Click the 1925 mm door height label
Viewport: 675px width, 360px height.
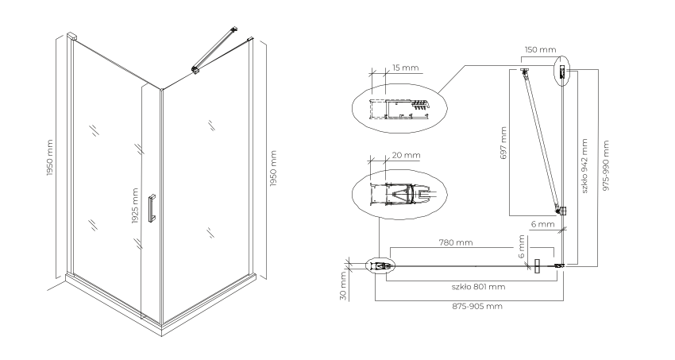[x=135, y=207]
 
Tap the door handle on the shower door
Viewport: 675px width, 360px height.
[x=151, y=208]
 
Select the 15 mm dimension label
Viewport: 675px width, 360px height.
[x=405, y=68]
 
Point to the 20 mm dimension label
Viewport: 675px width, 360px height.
[x=407, y=155]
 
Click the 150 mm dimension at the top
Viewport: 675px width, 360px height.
[x=540, y=49]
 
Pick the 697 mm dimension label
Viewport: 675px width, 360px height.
[x=503, y=143]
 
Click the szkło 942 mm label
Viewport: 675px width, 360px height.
[x=584, y=166]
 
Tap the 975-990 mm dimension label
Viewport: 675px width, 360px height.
[x=606, y=166]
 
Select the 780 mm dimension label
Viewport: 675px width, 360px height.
[x=456, y=242]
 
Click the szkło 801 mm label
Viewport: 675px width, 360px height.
[x=478, y=287]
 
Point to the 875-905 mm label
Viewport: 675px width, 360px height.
[x=477, y=306]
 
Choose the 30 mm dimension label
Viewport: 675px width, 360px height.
[x=343, y=285]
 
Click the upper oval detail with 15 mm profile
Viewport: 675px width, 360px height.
[x=399, y=107]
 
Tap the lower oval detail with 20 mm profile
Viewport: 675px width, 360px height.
[x=399, y=194]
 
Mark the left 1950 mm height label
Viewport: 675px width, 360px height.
[x=50, y=157]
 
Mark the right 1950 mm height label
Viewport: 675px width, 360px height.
[x=273, y=168]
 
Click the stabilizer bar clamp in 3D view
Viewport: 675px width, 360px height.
[x=196, y=70]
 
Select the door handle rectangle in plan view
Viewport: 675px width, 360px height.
[x=537, y=266]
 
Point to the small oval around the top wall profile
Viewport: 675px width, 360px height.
[x=561, y=71]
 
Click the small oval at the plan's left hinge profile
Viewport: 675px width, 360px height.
[x=380, y=266]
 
